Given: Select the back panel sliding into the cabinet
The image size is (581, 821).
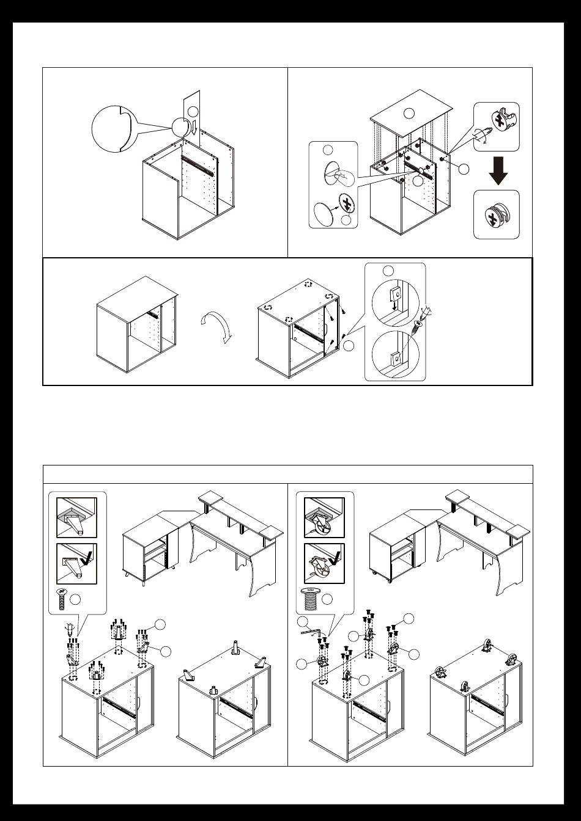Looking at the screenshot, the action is (200, 116).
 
